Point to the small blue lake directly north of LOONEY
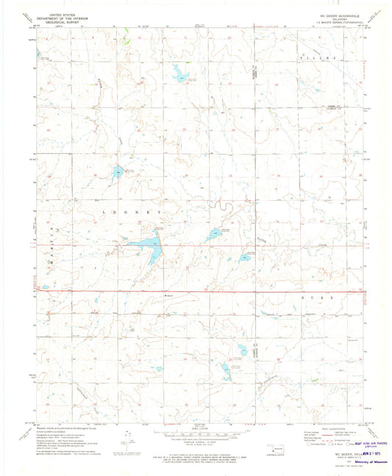coord(118,172)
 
